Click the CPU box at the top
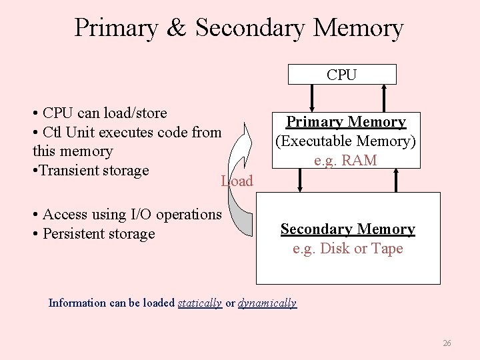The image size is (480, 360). click(342, 75)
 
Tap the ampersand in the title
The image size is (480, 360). click(175, 28)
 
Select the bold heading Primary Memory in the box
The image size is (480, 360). click(346, 122)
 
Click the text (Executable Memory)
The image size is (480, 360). click(346, 141)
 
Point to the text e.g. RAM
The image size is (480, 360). click(346, 161)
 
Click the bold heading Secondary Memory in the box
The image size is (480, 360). click(347, 229)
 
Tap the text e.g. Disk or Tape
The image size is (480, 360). click(347, 249)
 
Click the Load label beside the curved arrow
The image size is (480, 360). click(237, 181)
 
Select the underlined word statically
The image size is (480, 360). click(200, 303)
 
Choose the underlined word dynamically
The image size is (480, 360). click(267, 303)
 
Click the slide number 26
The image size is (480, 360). click(447, 343)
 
